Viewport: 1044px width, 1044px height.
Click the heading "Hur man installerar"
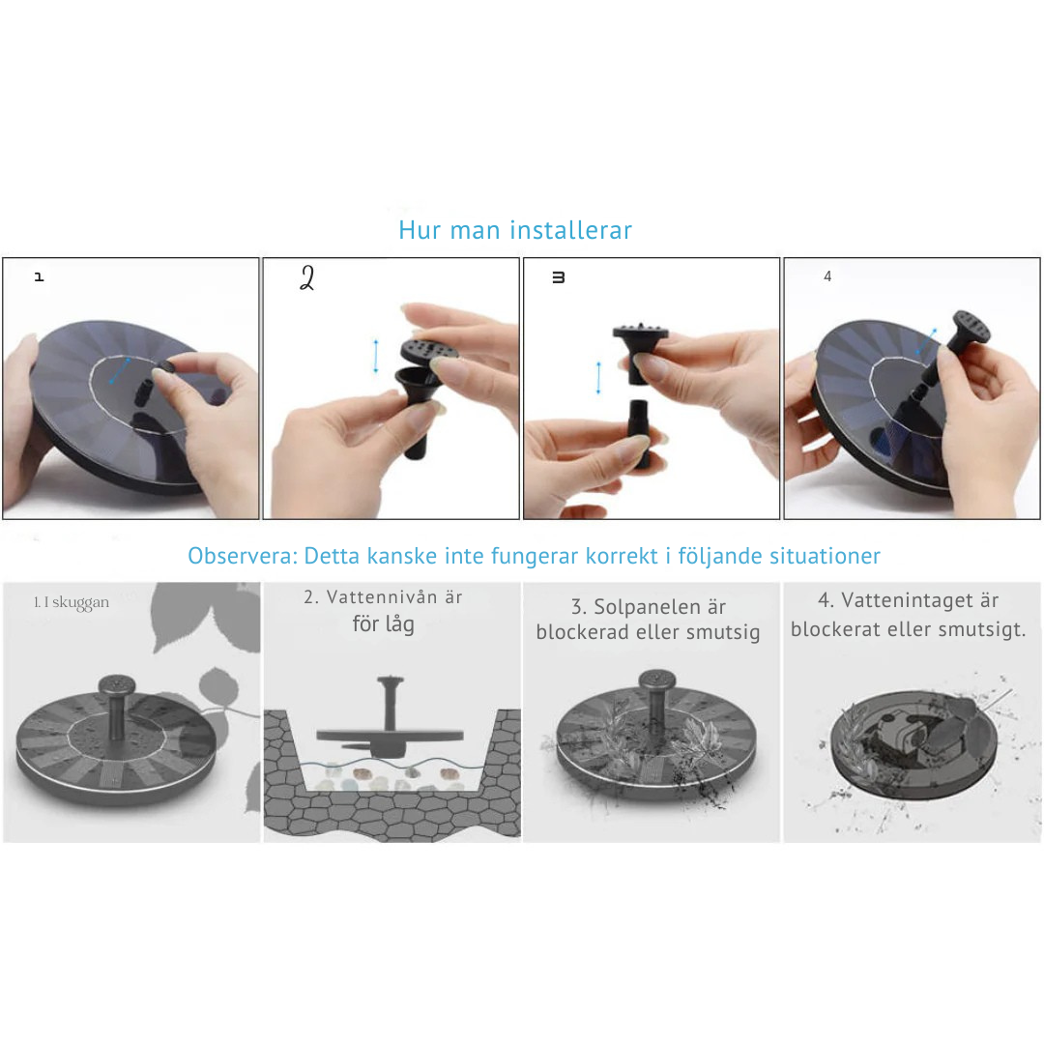514,230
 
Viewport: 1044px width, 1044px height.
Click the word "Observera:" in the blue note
243,555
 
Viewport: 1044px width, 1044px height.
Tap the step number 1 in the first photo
40,276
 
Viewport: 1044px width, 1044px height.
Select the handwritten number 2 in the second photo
307,277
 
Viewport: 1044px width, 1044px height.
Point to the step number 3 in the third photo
559,277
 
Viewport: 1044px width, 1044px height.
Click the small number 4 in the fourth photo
827,276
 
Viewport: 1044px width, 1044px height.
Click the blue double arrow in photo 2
376,356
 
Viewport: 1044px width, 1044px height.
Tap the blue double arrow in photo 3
598,378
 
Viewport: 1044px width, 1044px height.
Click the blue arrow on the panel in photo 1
119,370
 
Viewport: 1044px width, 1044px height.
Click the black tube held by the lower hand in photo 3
639,433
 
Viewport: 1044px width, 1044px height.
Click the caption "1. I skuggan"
72,602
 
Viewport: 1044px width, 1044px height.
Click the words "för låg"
384,623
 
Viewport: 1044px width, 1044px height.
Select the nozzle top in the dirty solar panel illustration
657,681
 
